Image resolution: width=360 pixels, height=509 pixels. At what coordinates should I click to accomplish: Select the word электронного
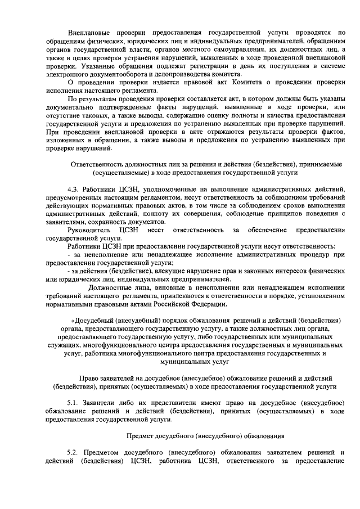(x=66, y=74)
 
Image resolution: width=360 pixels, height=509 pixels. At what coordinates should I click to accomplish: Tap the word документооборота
(x=120, y=74)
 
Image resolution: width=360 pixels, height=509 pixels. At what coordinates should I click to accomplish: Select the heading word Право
(x=89, y=377)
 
